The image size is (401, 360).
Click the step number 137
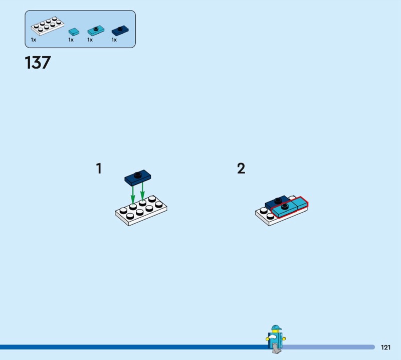38,63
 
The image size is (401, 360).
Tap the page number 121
385,347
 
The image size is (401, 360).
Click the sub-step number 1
99,168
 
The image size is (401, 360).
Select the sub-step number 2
241,168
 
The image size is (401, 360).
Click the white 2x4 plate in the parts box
48,26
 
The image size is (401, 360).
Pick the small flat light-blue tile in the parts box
74,32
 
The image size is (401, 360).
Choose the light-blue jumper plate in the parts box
96,31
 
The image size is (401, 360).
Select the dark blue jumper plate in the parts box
120,31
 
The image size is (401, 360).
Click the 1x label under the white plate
34,40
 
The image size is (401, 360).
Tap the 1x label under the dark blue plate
114,40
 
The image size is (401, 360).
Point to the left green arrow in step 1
133,195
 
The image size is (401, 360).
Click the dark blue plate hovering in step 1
137,177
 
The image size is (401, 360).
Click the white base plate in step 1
141,211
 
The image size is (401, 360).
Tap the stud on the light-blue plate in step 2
284,206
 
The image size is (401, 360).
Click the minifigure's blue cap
276,328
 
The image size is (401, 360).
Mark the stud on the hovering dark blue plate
137,174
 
